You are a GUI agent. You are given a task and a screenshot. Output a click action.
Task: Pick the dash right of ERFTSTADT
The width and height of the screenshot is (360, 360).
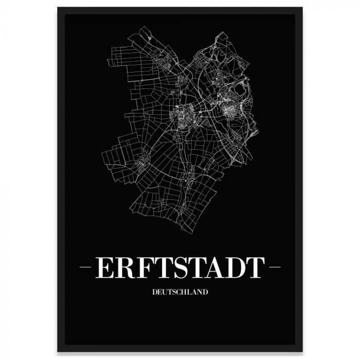(274, 267)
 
